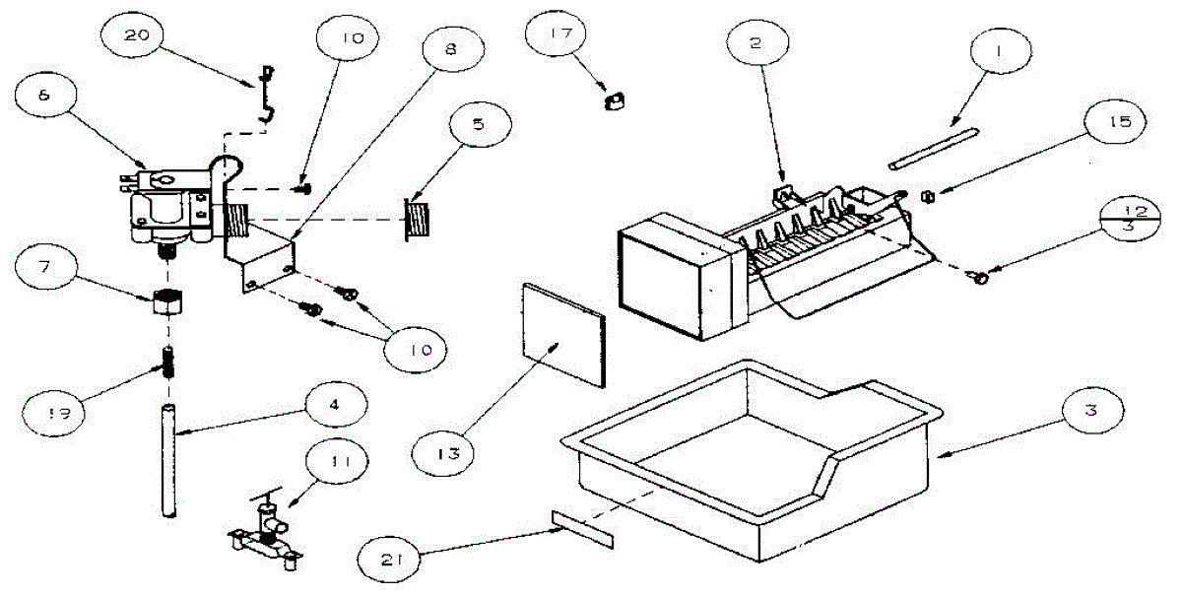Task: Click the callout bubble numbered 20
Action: pos(132,34)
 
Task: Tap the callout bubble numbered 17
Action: pos(557,33)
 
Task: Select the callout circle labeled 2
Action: pos(757,42)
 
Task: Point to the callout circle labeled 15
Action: pos(1115,122)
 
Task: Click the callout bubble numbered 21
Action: pos(388,560)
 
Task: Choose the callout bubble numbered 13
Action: pos(442,452)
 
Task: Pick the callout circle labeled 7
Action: pos(46,267)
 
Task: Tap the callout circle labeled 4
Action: pos(337,404)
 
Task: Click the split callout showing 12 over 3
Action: pos(1130,219)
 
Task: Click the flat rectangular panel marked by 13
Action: pos(564,335)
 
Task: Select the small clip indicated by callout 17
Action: pos(615,100)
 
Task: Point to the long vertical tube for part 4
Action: pos(168,461)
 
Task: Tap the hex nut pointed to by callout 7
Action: pos(167,300)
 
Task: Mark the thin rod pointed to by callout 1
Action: pos(934,149)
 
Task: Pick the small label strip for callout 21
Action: pos(582,529)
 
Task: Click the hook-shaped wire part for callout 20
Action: pos(267,94)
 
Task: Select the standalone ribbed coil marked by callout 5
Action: pos(418,219)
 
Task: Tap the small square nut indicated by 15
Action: pos(928,197)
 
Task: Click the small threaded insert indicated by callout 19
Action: pos(168,363)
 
